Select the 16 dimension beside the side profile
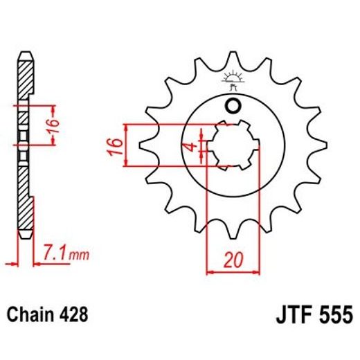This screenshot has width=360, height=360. tap(61, 125)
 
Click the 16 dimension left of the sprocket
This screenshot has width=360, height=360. tap(116, 146)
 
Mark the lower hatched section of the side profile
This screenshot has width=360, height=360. tap(25, 208)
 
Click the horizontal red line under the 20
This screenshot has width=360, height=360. tap(232, 271)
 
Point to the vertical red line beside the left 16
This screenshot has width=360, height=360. tap(126, 145)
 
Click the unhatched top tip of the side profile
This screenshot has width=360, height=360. tap(25, 55)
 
